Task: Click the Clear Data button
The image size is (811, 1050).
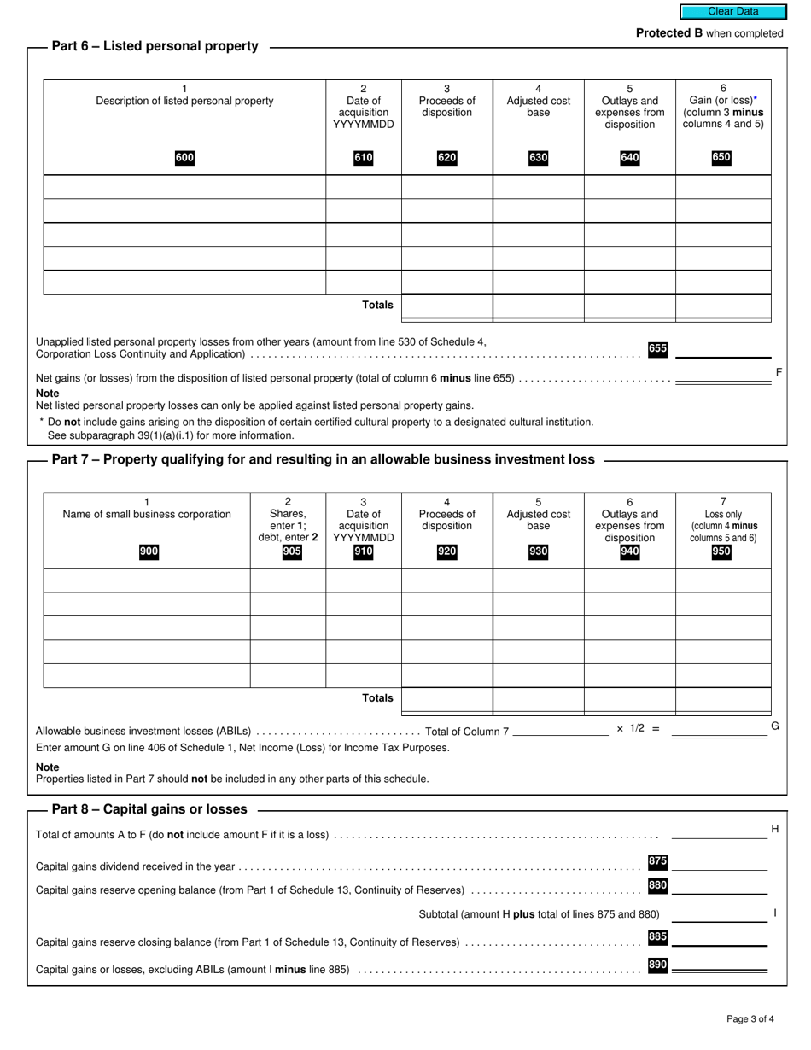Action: coord(732,12)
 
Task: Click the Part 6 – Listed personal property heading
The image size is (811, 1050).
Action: coord(155,46)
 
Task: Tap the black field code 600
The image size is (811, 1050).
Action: coord(184,158)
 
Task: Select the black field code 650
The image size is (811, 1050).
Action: coord(721,158)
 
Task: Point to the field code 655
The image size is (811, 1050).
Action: coord(657,349)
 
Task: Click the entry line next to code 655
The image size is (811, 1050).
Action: coord(722,350)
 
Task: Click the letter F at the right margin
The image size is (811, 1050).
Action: coord(778,371)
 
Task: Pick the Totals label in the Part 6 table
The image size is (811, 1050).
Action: coord(377,305)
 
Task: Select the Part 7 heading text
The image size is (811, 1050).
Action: coord(323,459)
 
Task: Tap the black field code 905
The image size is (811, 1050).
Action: coord(291,551)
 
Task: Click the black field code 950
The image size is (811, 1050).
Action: coord(721,551)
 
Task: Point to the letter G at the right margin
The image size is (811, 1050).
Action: coord(775,726)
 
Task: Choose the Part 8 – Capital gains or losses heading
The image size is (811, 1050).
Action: coord(149,809)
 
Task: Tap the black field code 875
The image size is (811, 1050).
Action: coord(657,861)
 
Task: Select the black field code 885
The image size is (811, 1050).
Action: coord(657,937)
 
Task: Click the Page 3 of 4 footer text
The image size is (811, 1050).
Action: coord(750,1018)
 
